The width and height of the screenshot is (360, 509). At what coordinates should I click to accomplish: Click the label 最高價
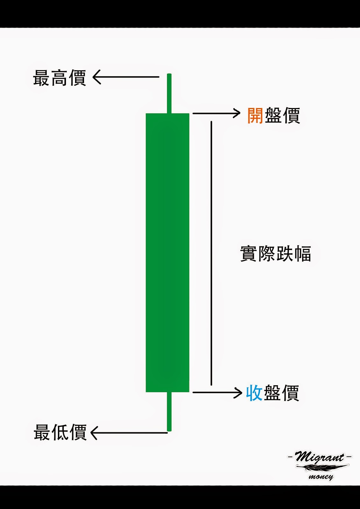(60, 78)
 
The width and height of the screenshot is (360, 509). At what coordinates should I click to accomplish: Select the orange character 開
(255, 115)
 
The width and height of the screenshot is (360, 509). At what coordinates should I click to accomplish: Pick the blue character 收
(254, 393)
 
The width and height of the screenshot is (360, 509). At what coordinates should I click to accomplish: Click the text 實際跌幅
(275, 254)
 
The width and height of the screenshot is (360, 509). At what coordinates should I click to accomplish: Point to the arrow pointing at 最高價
(126, 77)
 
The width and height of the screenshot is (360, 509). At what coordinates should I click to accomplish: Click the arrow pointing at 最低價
(129, 433)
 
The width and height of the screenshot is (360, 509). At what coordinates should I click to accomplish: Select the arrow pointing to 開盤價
(216, 113)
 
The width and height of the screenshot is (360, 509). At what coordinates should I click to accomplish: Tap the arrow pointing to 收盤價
(217, 393)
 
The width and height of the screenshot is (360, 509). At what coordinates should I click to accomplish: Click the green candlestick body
(167, 253)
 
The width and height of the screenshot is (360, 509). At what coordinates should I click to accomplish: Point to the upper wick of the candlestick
(169, 94)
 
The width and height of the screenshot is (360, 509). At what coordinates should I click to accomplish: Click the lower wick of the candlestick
(169, 411)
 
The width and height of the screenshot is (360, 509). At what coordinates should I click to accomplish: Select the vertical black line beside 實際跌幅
(211, 253)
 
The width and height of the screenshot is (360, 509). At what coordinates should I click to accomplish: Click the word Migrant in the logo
(319, 457)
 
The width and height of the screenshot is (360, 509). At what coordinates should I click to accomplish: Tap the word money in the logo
(321, 477)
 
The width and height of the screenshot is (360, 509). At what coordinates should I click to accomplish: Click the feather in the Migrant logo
(321, 467)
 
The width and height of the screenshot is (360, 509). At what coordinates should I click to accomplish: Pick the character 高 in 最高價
(60, 78)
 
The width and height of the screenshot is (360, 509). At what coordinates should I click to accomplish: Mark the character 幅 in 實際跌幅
(302, 254)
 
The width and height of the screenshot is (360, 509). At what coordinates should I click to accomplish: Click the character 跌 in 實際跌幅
(285, 254)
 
